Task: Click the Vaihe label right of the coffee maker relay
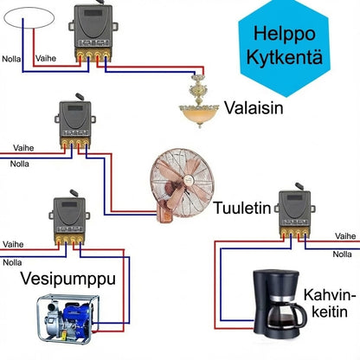(x=344, y=235)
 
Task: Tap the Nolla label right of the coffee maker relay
(x=344, y=254)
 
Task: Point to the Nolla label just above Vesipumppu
(x=13, y=261)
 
